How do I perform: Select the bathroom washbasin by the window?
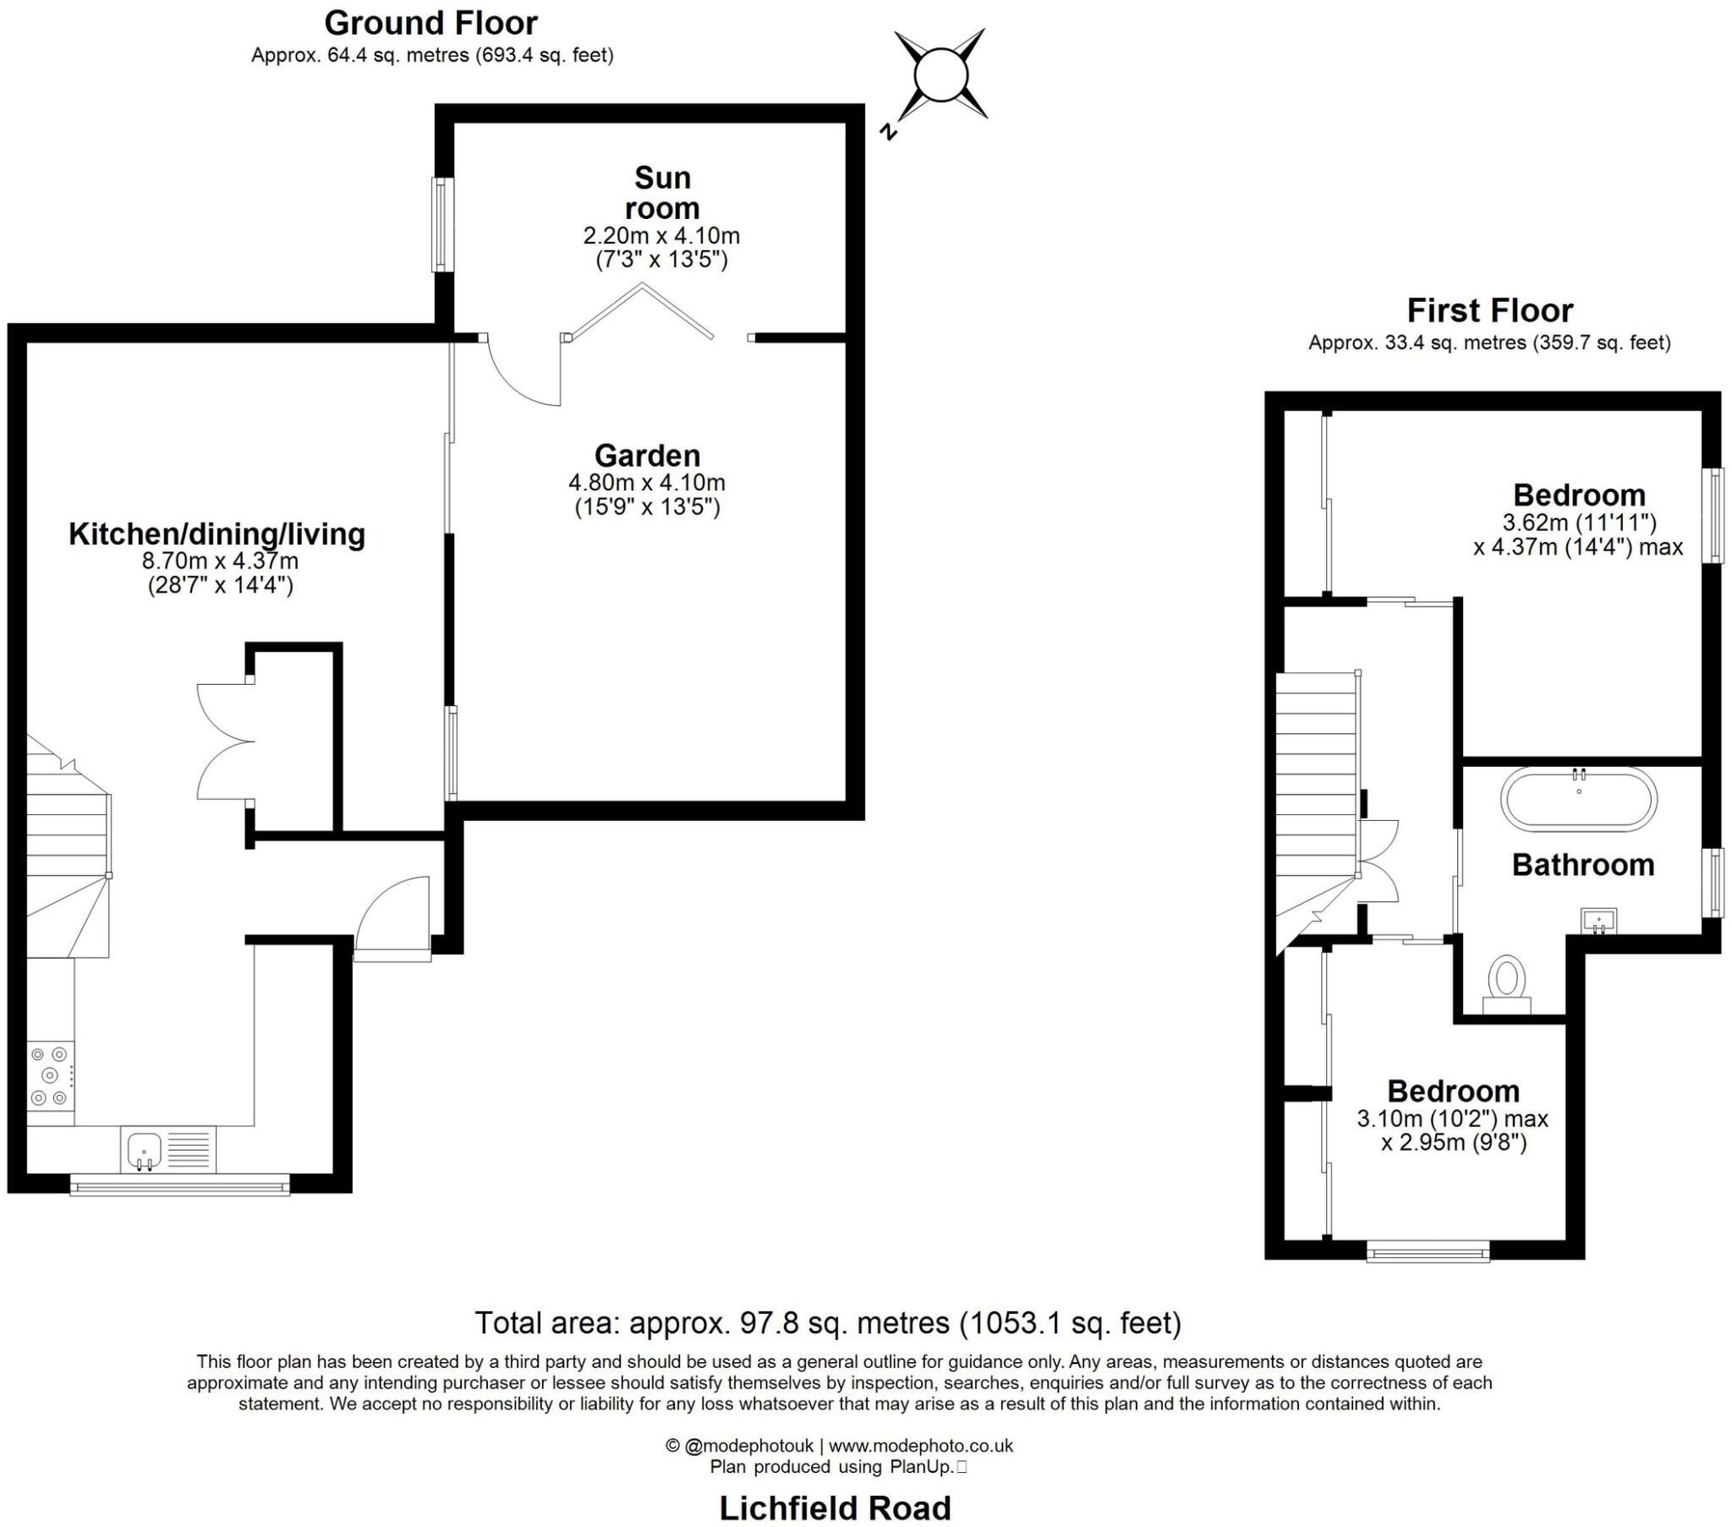coord(1599,921)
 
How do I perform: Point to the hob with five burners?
coord(49,1076)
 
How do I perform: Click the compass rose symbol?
coord(940,75)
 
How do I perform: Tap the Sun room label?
coord(662,193)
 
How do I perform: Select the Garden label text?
coord(647,455)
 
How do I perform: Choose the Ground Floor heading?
coord(430,23)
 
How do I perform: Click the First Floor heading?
coord(1488,310)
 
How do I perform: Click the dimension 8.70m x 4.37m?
coord(220,560)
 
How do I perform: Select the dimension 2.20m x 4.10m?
coord(661,235)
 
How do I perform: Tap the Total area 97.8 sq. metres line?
coord(827,1322)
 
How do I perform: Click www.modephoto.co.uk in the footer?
coord(920,1446)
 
